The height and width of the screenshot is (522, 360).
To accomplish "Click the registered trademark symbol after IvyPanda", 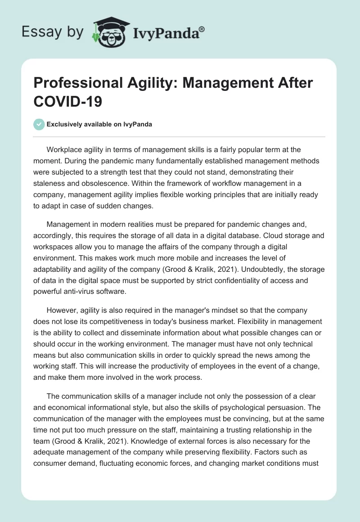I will tap(202, 29).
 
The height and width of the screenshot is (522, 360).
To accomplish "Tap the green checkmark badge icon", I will tap(39, 124).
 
